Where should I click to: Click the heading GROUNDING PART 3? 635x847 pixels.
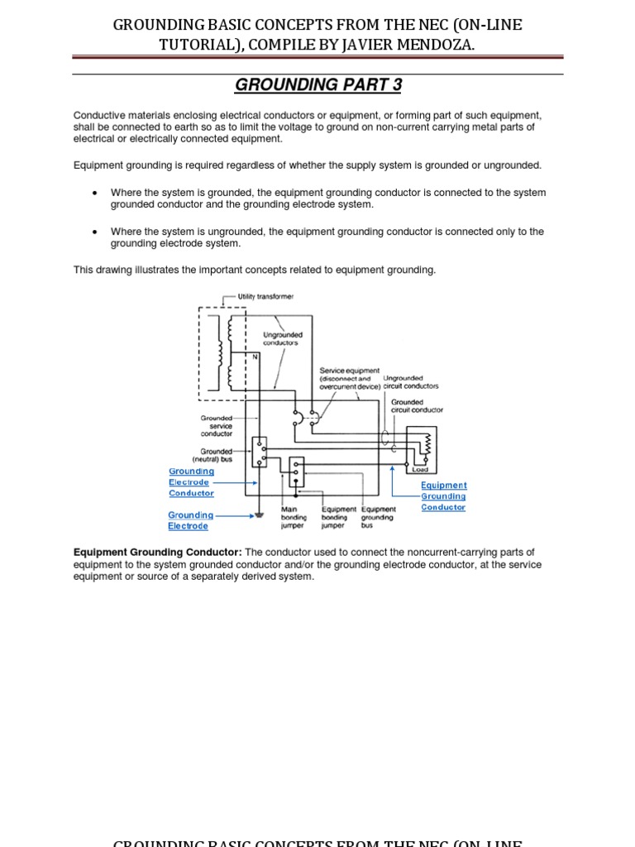[x=317, y=85]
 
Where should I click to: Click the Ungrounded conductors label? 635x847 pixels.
[x=282, y=339]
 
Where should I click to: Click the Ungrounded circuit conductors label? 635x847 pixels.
[x=411, y=382]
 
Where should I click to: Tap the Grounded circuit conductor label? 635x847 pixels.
[x=417, y=406]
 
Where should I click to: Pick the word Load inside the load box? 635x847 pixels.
[x=420, y=469]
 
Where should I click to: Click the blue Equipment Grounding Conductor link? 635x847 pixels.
[x=444, y=496]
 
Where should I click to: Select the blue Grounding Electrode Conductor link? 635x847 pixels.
[x=191, y=482]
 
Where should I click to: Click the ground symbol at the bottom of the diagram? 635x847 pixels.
[x=260, y=515]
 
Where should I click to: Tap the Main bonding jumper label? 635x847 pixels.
[x=294, y=517]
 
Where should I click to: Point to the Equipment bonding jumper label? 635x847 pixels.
[x=338, y=517]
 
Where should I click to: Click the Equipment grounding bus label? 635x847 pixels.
[x=378, y=517]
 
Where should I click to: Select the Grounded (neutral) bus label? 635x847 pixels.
[x=212, y=456]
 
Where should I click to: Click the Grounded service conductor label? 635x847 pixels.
[x=216, y=426]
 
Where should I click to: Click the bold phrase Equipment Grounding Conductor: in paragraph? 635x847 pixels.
[x=157, y=553]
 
